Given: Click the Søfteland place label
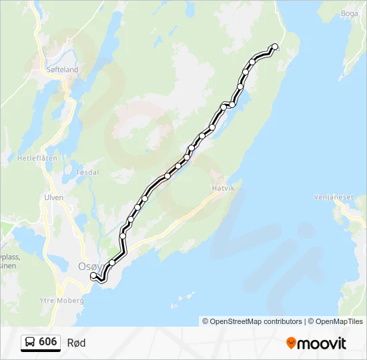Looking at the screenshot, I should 63,69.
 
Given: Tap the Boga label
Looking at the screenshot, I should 350,13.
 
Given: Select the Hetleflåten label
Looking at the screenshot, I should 37,159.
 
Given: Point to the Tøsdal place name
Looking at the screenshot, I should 87,172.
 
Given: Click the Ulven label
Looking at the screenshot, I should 53,197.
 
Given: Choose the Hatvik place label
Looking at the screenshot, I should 224,189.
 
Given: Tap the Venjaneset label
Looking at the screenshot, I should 333,197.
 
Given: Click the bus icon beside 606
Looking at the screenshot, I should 30,342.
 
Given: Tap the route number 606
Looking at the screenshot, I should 47,342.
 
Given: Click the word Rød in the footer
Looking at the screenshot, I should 76,343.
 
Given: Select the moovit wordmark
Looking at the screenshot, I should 322,343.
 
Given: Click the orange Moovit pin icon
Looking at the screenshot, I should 291,343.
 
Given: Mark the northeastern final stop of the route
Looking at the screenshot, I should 274,47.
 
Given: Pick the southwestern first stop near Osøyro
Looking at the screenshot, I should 93,275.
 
